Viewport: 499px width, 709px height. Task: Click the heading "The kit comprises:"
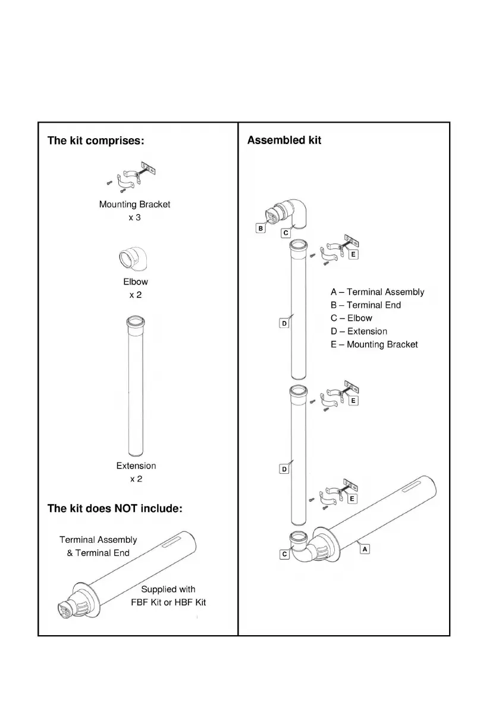(96, 142)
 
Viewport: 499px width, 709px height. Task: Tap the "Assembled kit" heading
(284, 140)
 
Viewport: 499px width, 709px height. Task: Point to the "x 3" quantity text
(135, 217)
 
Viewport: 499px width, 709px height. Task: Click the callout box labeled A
(365, 549)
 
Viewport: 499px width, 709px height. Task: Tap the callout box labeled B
(261, 228)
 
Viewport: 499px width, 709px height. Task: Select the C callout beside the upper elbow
(285, 233)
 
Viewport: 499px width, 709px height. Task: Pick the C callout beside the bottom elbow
(284, 554)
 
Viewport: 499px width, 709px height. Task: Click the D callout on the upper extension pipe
(284, 323)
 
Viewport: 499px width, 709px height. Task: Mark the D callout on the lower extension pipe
(284, 469)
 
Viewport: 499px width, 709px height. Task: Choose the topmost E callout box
(353, 254)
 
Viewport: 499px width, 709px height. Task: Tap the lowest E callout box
(353, 498)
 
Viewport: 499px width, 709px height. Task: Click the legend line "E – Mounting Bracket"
(374, 345)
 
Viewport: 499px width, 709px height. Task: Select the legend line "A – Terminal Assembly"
(377, 292)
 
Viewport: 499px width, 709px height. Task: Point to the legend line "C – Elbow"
(352, 318)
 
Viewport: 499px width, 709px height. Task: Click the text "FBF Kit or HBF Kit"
(168, 602)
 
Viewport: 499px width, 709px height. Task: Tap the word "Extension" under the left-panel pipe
(136, 466)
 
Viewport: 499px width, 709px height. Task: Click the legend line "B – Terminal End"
(366, 305)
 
